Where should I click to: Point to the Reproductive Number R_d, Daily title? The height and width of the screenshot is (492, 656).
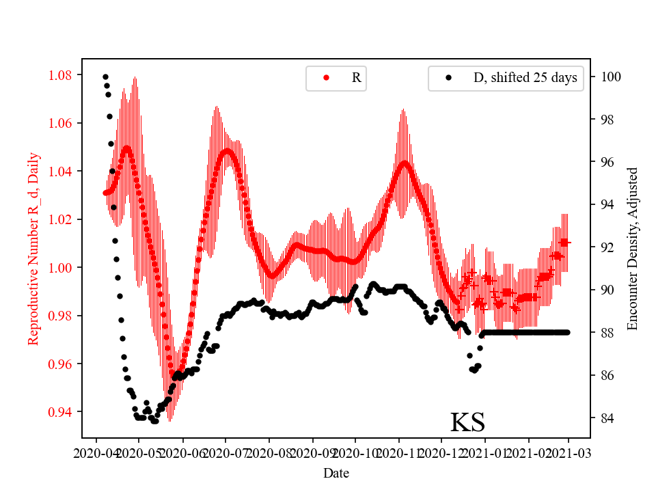(33, 249)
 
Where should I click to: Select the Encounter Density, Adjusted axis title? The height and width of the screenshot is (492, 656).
(632, 249)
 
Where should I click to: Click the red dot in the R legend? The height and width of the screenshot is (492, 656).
(326, 78)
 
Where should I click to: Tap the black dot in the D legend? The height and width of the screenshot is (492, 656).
(448, 78)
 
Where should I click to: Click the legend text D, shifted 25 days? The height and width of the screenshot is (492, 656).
(525, 78)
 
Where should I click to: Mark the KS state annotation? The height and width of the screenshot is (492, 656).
(467, 422)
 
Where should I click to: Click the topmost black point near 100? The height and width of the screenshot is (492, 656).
(105, 77)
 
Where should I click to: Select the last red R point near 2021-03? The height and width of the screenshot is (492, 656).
(564, 243)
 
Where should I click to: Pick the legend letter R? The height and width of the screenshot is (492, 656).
(356, 78)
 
